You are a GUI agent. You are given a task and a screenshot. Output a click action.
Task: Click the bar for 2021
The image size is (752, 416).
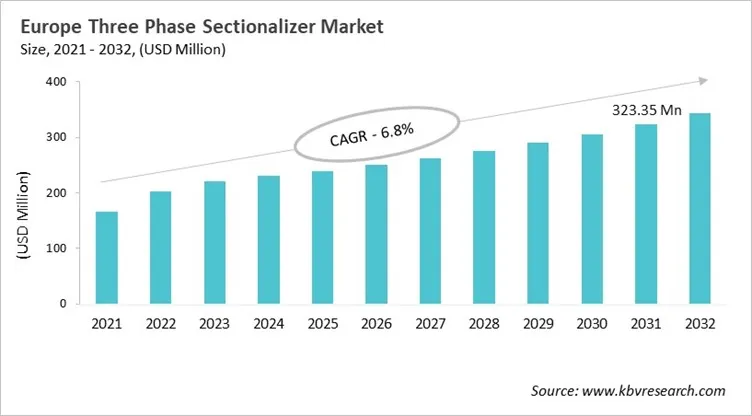tap(107, 257)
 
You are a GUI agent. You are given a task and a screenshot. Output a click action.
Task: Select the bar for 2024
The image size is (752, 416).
tap(269, 240)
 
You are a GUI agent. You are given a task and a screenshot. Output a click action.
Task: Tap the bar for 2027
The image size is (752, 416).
tap(430, 231)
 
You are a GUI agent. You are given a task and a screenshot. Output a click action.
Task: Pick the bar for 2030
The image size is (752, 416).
tap(592, 219)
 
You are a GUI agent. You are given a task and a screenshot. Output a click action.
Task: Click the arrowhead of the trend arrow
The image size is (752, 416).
tap(703, 81)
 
